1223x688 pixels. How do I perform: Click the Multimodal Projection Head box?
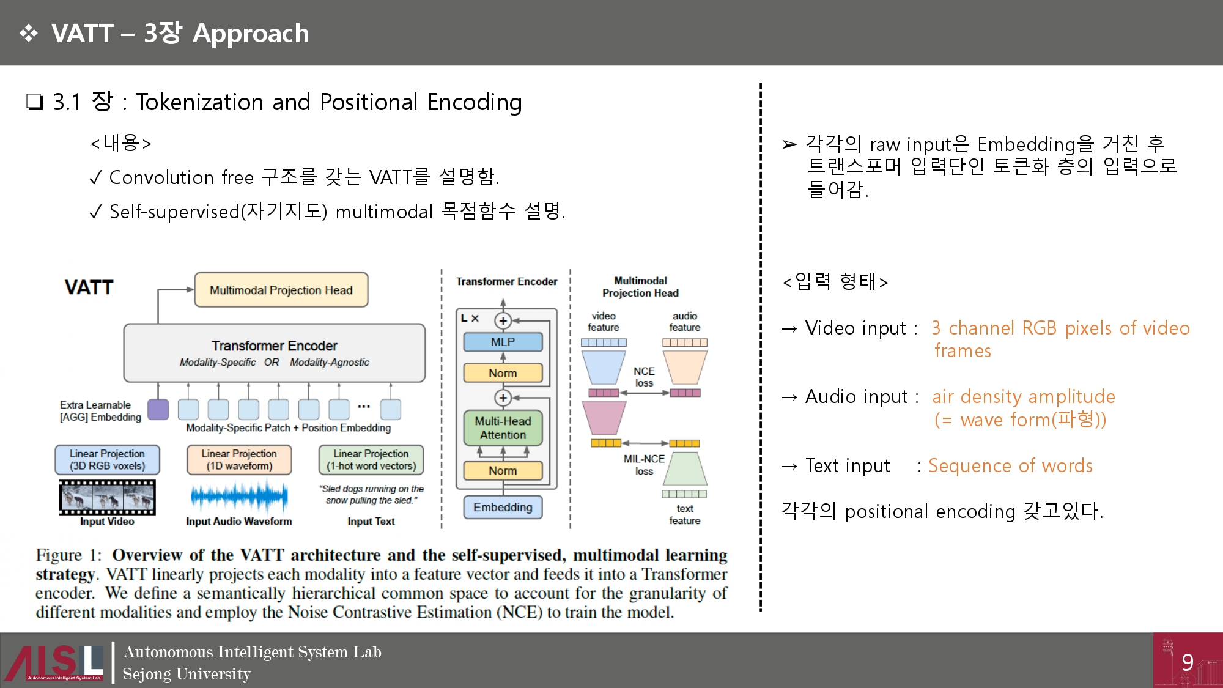(281, 290)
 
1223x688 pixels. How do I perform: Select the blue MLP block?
(503, 342)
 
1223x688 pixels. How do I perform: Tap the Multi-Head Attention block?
(503, 427)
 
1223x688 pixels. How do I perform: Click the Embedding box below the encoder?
(503, 507)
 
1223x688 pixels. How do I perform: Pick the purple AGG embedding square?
(158, 409)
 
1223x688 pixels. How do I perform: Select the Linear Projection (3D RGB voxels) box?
(107, 459)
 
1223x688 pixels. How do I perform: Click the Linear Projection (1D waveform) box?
(239, 459)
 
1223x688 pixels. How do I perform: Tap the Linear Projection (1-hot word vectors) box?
(371, 459)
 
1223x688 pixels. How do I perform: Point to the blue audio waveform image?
(239, 496)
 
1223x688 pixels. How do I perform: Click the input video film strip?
(107, 497)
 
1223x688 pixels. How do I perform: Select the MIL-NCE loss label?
(644, 465)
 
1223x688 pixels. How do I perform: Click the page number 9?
(1188, 662)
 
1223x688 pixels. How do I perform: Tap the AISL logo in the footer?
(54, 662)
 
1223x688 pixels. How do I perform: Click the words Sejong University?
(187, 674)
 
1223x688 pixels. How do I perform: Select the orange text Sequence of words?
(1010, 465)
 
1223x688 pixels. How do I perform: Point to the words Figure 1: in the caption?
(68, 555)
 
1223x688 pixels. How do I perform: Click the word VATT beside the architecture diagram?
(89, 287)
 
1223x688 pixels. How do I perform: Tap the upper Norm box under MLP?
(503, 373)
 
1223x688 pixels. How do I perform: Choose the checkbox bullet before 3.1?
(35, 102)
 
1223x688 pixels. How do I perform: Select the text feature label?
(685, 514)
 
